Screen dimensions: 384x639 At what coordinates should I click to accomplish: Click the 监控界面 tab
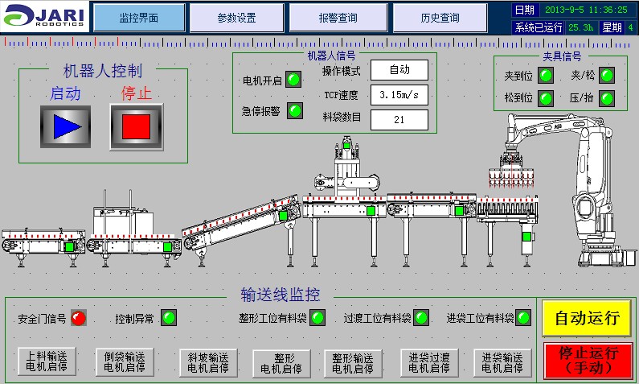[x=139, y=18]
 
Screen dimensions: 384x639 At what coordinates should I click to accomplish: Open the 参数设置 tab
[x=236, y=18]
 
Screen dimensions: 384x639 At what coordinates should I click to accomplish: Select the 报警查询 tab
[x=338, y=18]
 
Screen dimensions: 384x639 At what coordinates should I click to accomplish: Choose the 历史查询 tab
[x=440, y=18]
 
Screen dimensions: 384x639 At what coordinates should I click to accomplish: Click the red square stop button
[x=136, y=126]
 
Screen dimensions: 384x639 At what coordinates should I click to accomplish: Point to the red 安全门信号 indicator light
[x=78, y=318]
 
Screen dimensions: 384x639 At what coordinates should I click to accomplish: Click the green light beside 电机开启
[x=294, y=79]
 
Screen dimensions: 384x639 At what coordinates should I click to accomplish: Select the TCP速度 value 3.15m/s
[x=399, y=95]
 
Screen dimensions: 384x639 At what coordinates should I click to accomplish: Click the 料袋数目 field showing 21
[x=399, y=120]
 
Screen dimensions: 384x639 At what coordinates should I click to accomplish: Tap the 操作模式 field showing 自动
[x=399, y=70]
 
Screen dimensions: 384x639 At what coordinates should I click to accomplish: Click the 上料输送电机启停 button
[x=47, y=363]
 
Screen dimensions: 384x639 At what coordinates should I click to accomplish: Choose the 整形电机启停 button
[x=281, y=363]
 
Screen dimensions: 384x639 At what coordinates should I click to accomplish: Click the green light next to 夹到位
[x=546, y=76]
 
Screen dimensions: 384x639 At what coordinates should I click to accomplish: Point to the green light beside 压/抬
[x=607, y=98]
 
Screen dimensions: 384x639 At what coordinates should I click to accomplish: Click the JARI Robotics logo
[x=45, y=17]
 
